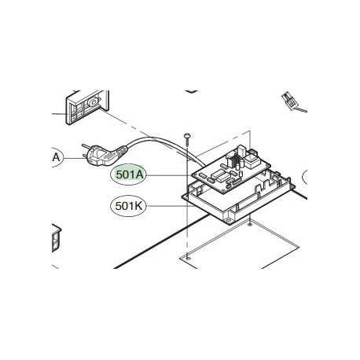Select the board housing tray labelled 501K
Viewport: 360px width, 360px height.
(236, 206)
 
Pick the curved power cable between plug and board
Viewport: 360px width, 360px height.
(157, 141)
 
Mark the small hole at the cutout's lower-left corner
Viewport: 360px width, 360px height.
(189, 255)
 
